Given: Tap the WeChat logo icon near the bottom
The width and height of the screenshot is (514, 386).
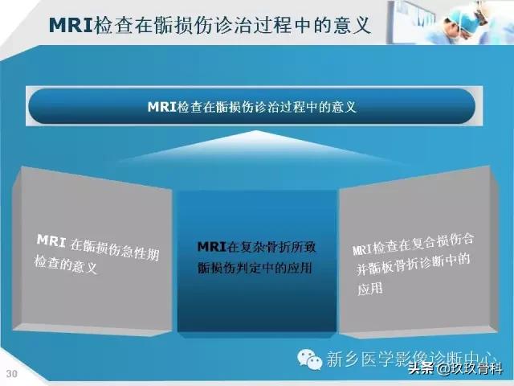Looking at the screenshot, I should (x=307, y=358).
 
